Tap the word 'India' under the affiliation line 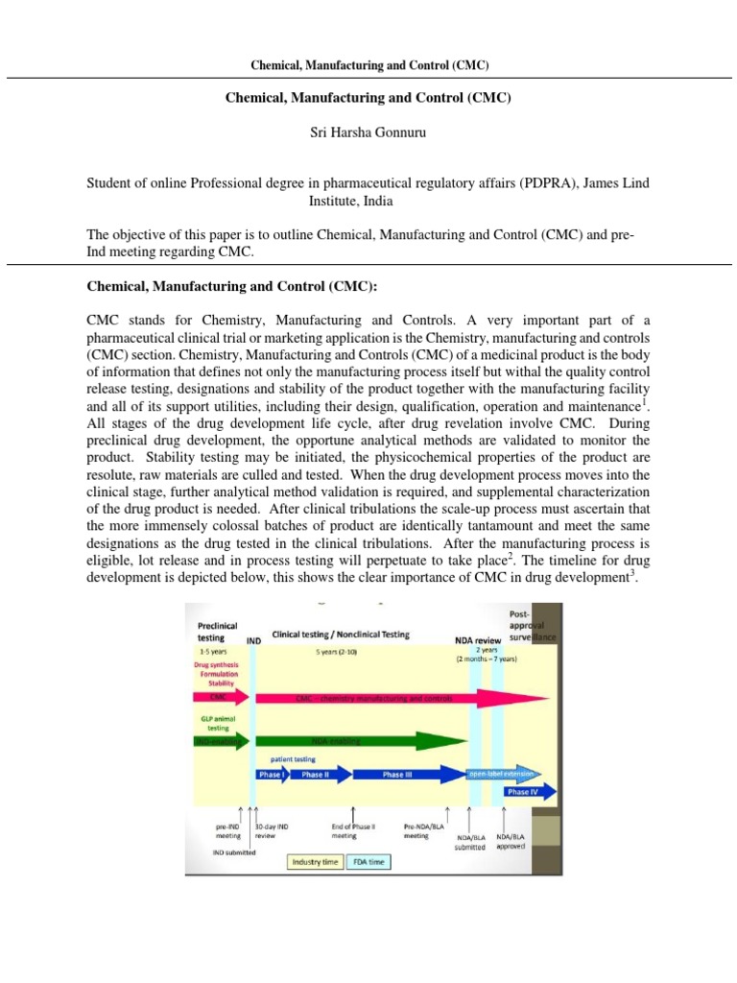point(369,203)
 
